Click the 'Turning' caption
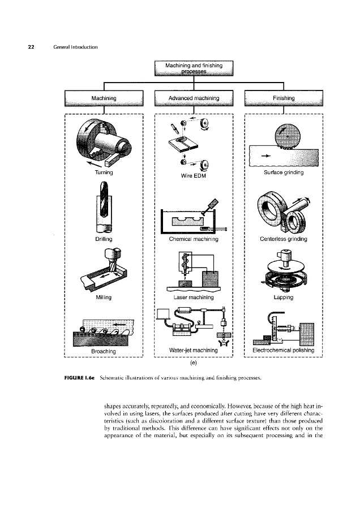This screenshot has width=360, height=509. [x=104, y=171]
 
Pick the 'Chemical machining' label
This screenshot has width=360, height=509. [x=194, y=239]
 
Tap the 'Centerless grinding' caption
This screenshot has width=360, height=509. [x=283, y=239]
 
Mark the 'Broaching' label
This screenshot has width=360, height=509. [x=104, y=351]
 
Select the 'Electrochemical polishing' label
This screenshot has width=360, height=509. [x=283, y=351]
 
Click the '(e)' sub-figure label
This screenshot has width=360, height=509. [x=194, y=364]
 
